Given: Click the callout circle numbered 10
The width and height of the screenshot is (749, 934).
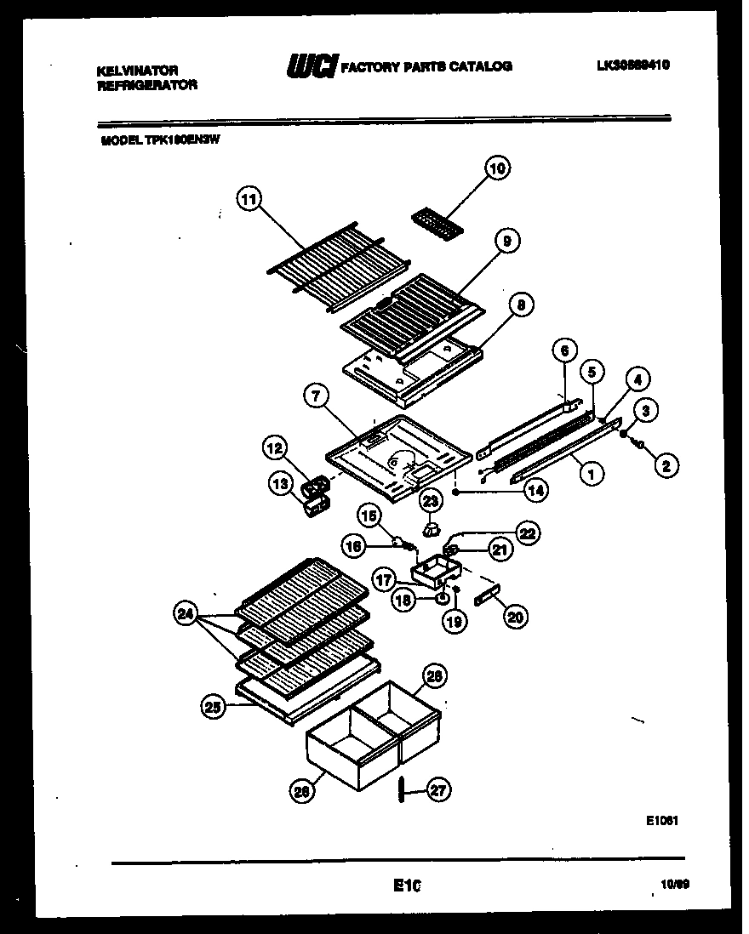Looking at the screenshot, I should tap(497, 169).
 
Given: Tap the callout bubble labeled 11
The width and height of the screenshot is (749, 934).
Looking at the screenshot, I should tap(248, 201).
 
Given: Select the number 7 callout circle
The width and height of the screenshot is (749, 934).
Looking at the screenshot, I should tap(315, 395).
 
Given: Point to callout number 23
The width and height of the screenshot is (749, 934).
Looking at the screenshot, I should tap(431, 501).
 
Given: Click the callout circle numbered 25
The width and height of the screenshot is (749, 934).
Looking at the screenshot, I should tap(213, 705).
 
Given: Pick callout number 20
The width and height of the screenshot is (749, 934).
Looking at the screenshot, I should tap(514, 618).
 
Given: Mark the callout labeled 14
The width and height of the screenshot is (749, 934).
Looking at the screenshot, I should tap(536, 490).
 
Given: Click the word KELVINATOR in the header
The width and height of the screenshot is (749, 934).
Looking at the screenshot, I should tap(136, 71).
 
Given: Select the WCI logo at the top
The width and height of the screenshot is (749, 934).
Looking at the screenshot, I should tap(312, 66).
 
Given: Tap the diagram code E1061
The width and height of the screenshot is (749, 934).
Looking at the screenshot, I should tap(660, 822).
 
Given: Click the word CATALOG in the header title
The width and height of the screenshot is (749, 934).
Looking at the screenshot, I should tap(483, 66).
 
